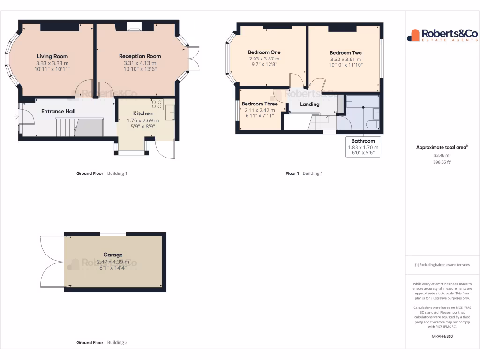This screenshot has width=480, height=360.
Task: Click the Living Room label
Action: tap(52, 56)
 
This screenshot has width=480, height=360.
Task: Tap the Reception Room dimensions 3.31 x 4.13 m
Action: tap(140, 63)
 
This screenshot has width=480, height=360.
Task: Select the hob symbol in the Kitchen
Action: tap(157, 104)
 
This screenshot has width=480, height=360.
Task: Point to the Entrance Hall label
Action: tap(58, 111)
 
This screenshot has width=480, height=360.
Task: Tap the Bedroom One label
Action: tap(264, 52)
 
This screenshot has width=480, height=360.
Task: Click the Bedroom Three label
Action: tap(260, 104)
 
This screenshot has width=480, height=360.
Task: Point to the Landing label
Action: tap(309, 104)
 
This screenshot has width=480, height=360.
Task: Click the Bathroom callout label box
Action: tap(363, 147)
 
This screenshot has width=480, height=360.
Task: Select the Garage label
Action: tap(113, 255)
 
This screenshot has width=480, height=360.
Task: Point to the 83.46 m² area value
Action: tap(442, 155)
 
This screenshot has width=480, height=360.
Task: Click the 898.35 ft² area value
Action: tap(442, 162)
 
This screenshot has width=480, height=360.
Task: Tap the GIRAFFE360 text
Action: tap(442, 336)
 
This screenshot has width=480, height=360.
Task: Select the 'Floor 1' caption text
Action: tap(292, 173)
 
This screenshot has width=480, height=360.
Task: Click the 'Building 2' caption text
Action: tap(117, 343)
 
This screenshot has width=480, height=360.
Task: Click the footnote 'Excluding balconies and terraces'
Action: tap(442, 265)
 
